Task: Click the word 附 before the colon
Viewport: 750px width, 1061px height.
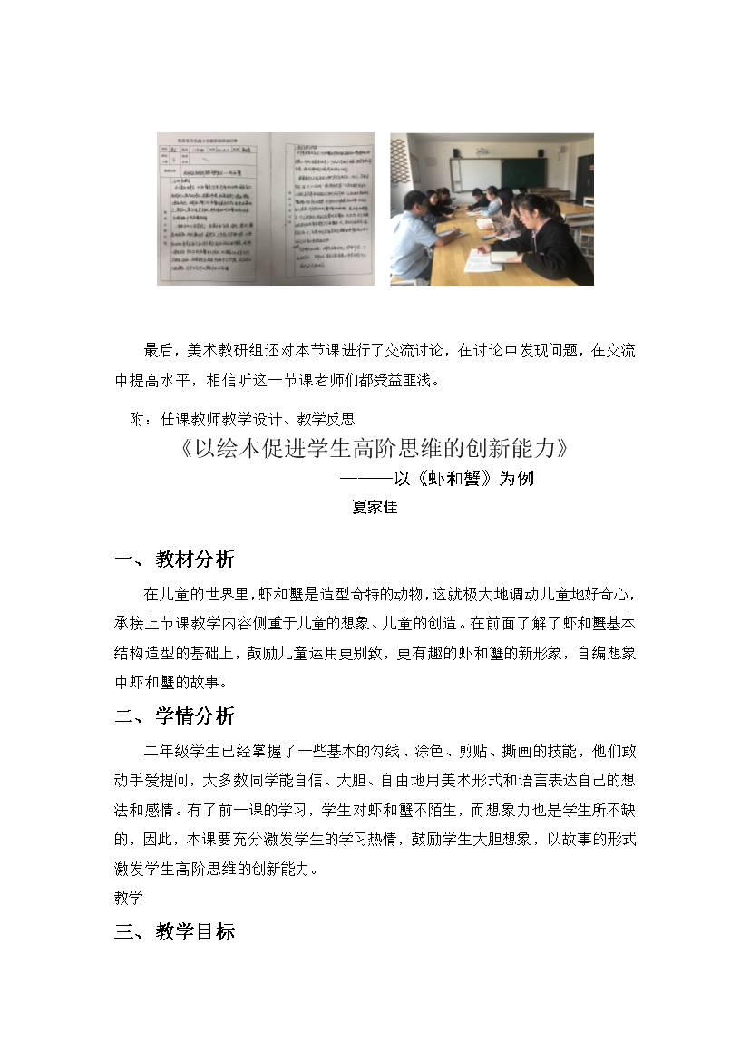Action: (139, 419)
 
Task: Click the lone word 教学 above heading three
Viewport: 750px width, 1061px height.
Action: (129, 898)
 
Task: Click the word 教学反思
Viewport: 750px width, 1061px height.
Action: (326, 419)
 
